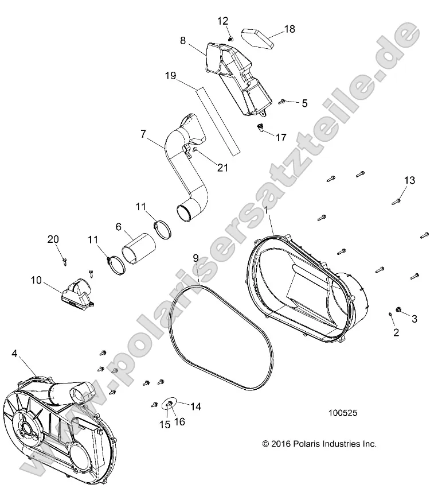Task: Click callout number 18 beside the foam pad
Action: (x=290, y=29)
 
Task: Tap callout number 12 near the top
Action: (x=222, y=21)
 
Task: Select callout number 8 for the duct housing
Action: (x=183, y=41)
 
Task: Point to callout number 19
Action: (x=170, y=75)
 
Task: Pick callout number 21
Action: (x=222, y=167)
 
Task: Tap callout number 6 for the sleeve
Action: (x=119, y=227)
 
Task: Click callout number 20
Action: (x=53, y=239)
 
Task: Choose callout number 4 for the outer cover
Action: (x=14, y=354)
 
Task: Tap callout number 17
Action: (x=281, y=138)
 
